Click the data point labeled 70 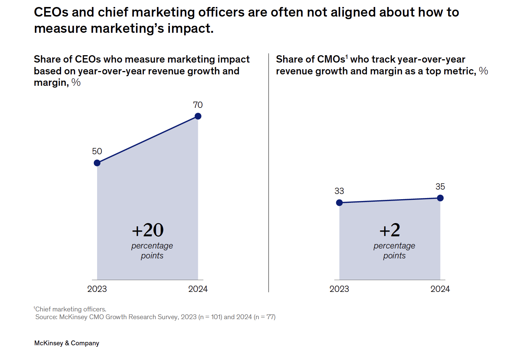point(198,116)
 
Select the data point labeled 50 point(97,163)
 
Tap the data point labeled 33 point(339,202)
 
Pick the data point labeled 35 point(440,198)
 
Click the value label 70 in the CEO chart point(198,105)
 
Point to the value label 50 point(97,151)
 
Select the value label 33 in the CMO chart point(339,191)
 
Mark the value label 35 point(440,187)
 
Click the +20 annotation point(148,230)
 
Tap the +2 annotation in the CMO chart point(390,230)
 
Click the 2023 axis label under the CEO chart point(97,289)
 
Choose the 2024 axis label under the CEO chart point(198,289)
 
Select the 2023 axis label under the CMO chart point(339,289)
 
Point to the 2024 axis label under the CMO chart point(440,289)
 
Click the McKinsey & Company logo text point(67,343)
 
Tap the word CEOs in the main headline point(51,12)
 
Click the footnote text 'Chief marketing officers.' point(70,309)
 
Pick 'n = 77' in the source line point(265,317)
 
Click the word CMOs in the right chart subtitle point(329,59)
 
